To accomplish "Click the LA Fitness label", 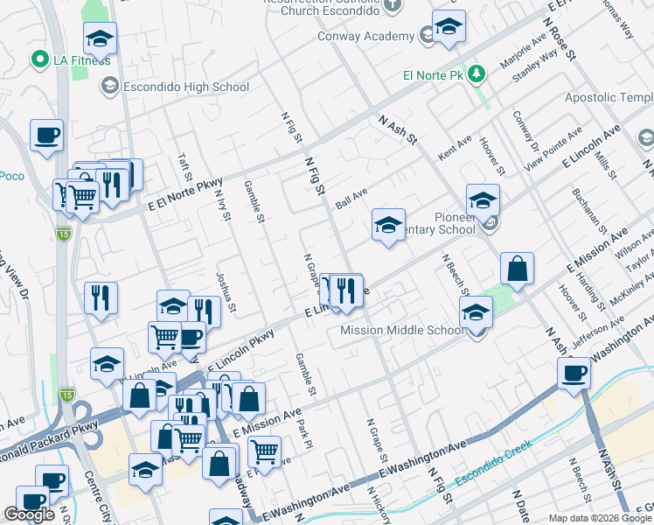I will point(80,59).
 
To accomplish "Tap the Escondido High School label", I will point(186,87).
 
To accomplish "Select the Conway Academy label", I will point(378,36).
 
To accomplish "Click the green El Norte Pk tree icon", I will point(477,73).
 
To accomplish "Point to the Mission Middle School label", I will point(401,330).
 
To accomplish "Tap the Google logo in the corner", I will point(29,514).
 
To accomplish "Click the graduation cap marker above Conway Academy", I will point(449,28).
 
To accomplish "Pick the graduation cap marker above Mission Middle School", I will point(476,311).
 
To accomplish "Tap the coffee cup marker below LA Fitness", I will point(47,136).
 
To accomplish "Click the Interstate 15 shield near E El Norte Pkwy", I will point(65,234).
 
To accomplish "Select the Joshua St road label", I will point(226,290).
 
